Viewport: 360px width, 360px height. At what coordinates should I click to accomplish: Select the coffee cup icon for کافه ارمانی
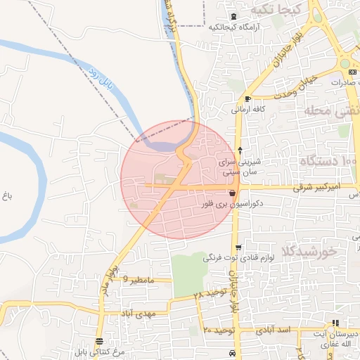click(247, 99)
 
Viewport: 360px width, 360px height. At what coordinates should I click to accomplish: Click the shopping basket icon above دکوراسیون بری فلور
click(232, 192)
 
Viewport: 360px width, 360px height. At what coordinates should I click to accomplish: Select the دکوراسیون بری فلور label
click(232, 205)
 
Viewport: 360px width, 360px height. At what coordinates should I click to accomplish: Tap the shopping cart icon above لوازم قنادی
click(239, 247)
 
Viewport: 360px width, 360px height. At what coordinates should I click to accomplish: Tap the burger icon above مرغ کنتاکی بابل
click(98, 340)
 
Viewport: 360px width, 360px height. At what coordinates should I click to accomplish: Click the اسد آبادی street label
click(274, 329)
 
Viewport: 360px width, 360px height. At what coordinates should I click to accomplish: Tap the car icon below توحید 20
click(232, 352)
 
